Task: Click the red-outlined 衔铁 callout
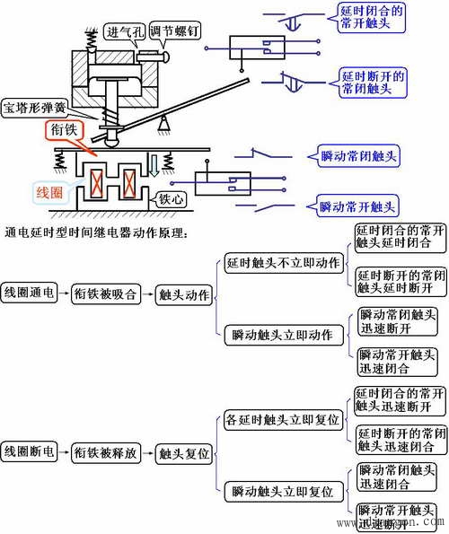click(67, 131)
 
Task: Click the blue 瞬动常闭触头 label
click(358, 155)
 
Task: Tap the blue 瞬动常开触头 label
click(358, 206)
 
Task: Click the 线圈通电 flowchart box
click(31, 293)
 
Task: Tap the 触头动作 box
click(183, 293)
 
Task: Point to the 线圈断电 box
click(31, 453)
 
